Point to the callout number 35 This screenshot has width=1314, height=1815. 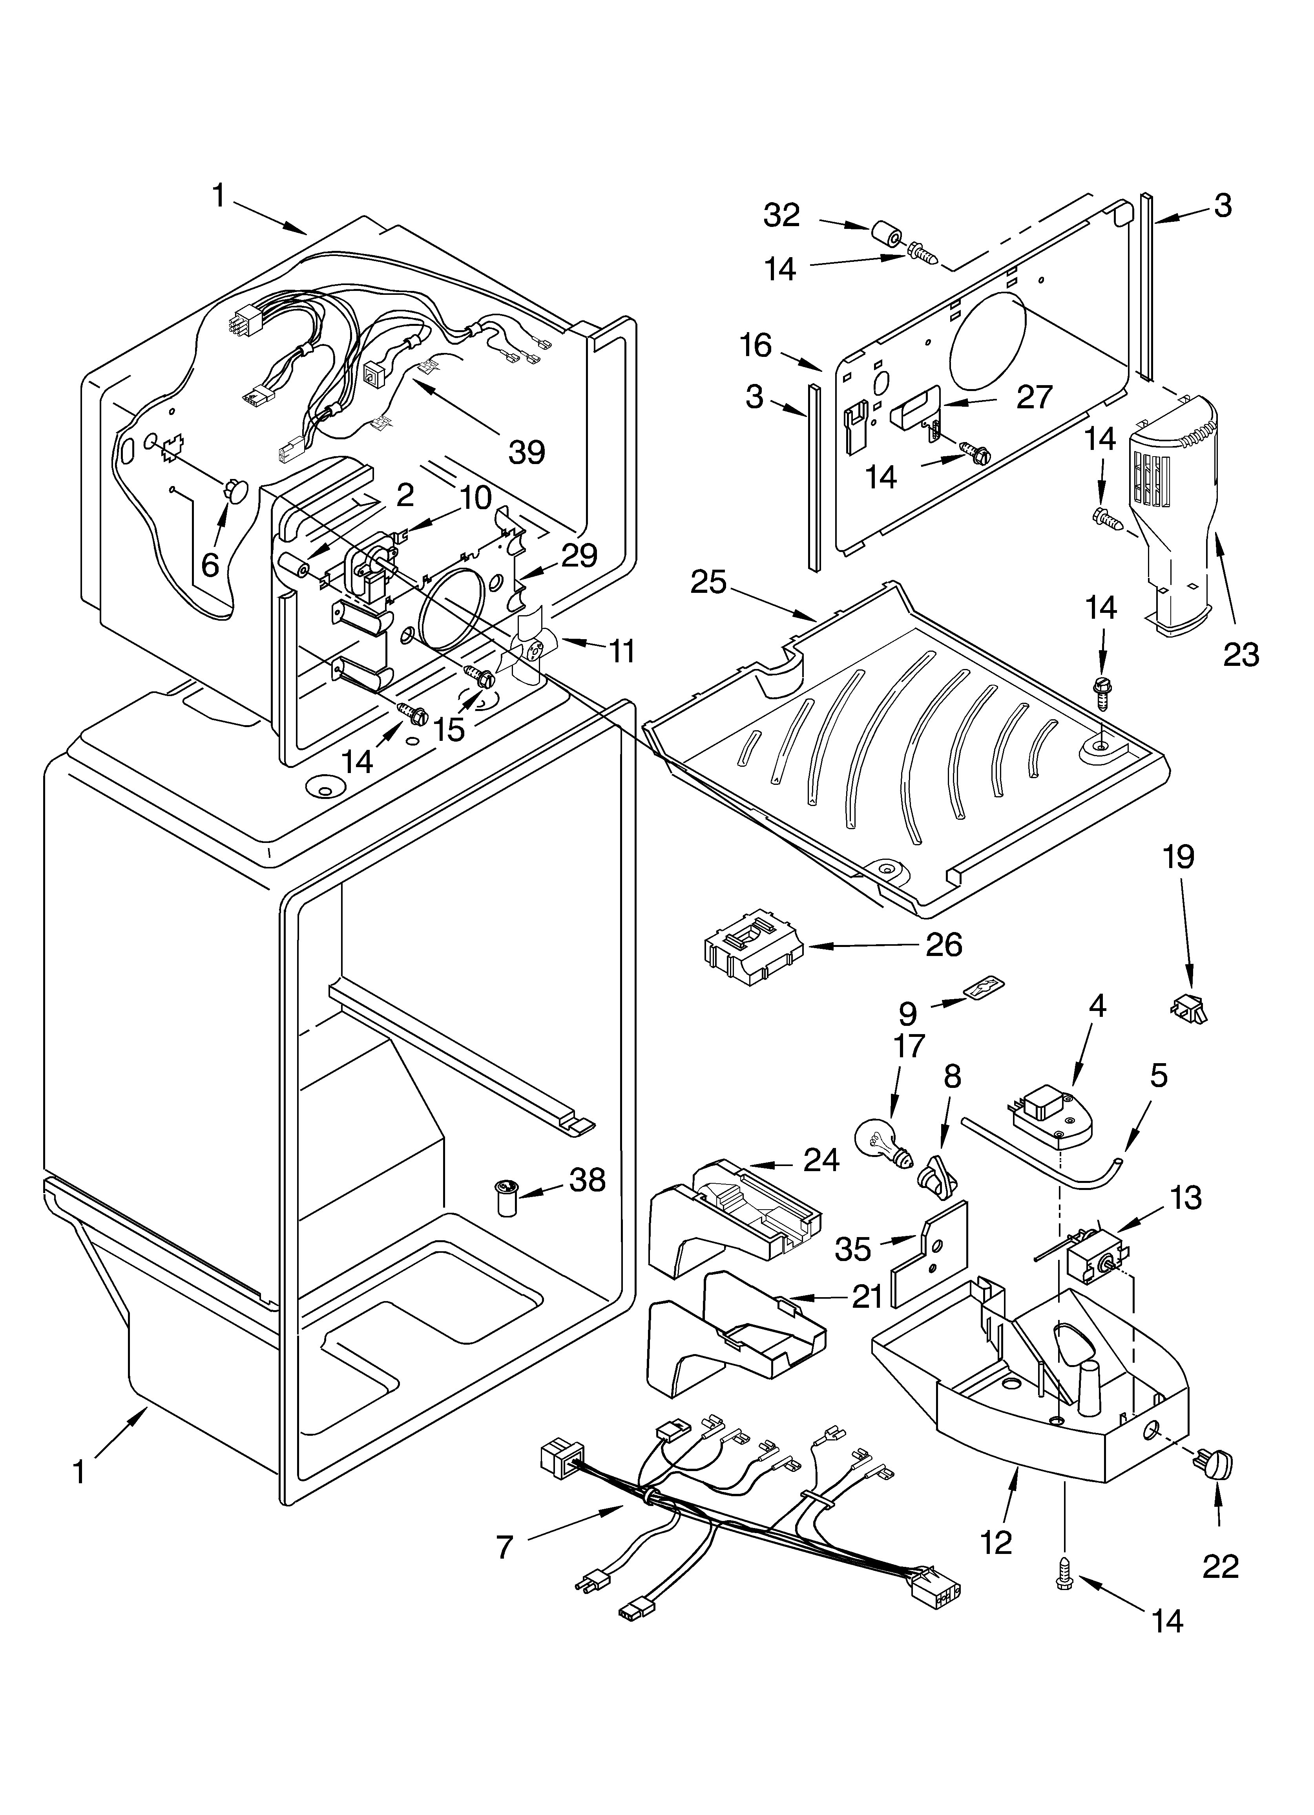[852, 1248]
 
